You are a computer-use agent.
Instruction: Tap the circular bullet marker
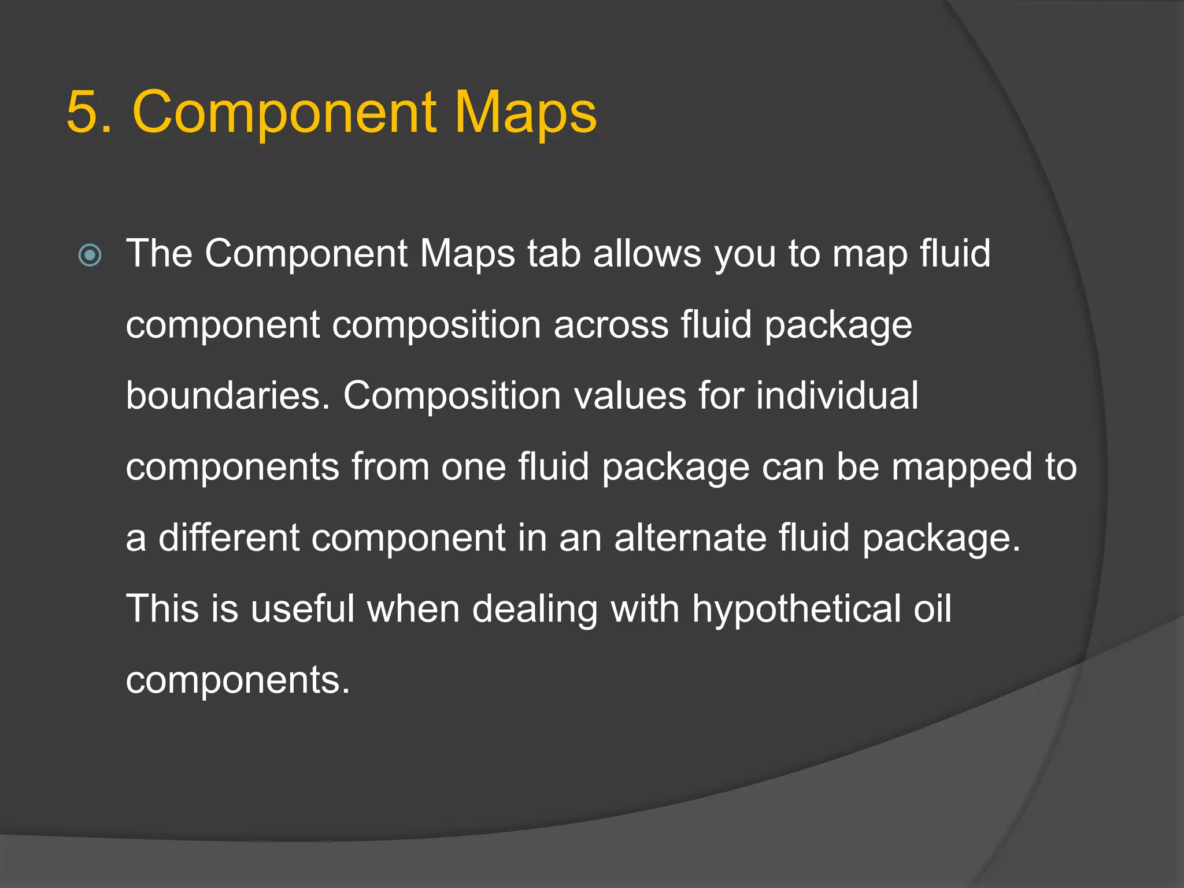[90, 255]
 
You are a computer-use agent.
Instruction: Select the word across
[611, 325]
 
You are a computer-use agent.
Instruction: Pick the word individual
[837, 396]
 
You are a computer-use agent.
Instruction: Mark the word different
[229, 538]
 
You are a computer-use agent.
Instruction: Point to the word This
[162, 609]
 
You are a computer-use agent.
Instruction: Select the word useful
[302, 609]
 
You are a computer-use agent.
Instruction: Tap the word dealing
[535, 609]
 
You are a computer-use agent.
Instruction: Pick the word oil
[932, 609]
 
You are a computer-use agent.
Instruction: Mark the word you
[745, 255]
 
